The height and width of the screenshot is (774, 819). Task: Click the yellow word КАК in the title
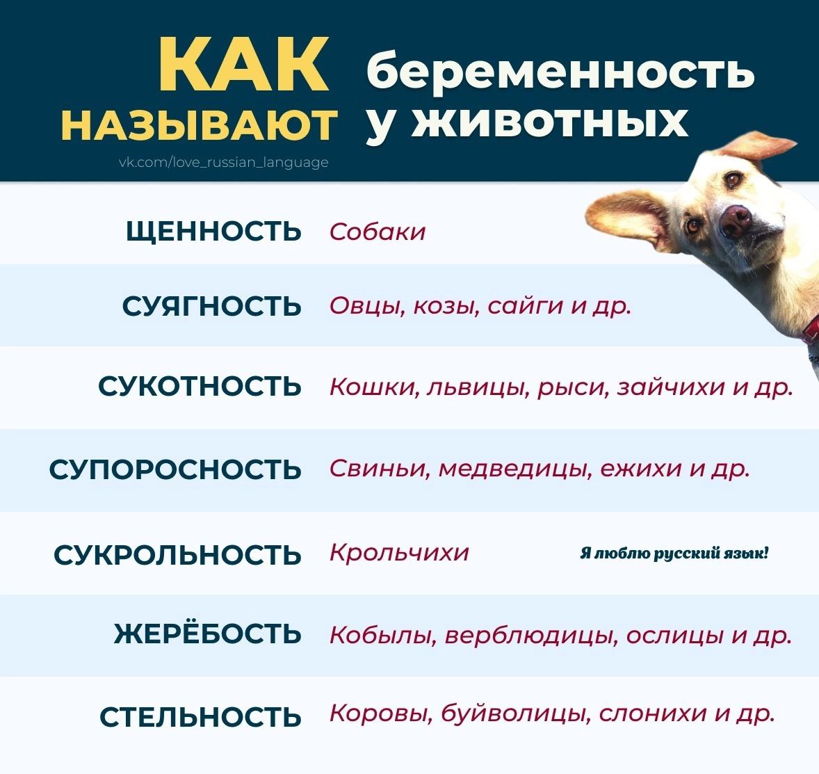tap(244, 64)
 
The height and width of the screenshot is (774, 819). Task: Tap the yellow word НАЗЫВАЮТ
tap(199, 125)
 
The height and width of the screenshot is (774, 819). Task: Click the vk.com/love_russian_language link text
tap(224, 162)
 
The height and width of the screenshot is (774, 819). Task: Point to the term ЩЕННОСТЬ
tap(213, 231)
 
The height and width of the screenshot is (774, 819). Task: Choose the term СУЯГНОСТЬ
tap(211, 306)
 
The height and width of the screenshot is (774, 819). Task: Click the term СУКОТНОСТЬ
tap(200, 386)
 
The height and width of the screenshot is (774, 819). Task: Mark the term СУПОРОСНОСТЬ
tap(175, 469)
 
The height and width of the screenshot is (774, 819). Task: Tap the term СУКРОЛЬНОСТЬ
tap(177, 554)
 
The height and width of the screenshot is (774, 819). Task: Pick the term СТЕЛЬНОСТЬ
tap(200, 716)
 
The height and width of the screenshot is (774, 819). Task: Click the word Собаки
tap(377, 232)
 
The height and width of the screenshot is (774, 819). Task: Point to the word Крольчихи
tap(399, 552)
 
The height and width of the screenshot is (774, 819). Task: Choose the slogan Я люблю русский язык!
tap(674, 554)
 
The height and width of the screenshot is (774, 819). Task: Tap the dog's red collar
tap(811, 330)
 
